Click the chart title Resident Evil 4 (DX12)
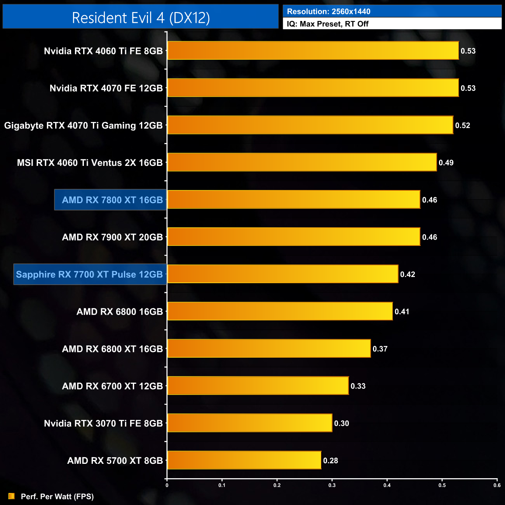(141, 17)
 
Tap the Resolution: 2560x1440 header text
(328, 12)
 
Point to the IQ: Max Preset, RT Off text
(327, 24)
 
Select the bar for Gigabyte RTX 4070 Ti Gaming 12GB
(310, 125)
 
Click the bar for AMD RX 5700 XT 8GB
(244, 460)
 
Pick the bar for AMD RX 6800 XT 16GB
(269, 348)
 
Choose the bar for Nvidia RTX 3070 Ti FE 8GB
(249, 423)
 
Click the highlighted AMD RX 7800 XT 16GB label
(112, 200)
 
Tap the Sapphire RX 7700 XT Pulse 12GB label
(89, 274)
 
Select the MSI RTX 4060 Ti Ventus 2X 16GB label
(90, 163)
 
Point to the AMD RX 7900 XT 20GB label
(112, 237)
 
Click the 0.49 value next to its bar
(446, 163)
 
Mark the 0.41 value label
(402, 312)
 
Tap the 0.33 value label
(358, 386)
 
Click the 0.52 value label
(462, 125)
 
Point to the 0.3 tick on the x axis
(332, 485)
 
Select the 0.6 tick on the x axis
(497, 485)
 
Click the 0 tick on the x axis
(167, 485)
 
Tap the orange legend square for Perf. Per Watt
(11, 496)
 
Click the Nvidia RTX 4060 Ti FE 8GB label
(103, 51)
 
